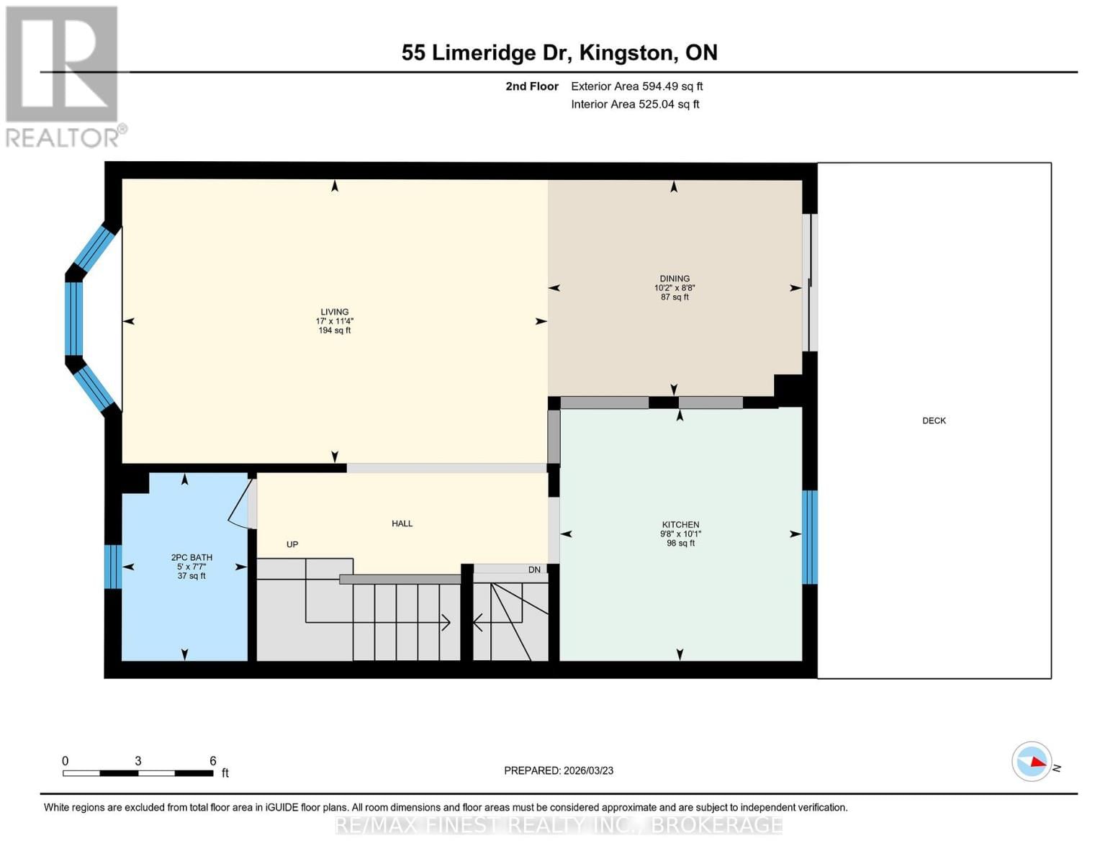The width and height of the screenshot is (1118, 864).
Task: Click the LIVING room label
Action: point(335,312)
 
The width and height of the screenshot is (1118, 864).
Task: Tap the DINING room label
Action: point(675,279)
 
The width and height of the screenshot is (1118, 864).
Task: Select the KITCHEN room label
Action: point(680,525)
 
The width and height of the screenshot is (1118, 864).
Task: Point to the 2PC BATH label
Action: point(191,557)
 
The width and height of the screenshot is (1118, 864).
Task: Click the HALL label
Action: point(402,523)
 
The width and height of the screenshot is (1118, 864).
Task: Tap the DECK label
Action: point(934,420)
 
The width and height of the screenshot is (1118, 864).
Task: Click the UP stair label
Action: point(292,544)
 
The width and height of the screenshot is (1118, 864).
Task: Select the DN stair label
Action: point(534,570)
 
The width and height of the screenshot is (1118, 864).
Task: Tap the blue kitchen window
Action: point(810,537)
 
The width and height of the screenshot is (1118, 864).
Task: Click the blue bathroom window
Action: point(113,567)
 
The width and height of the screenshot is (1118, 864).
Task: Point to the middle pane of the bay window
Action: point(74,319)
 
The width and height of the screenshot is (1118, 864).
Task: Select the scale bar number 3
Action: point(138,761)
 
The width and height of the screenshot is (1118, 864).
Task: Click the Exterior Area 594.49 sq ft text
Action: point(636,86)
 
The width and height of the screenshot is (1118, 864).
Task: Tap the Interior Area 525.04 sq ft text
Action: point(635,104)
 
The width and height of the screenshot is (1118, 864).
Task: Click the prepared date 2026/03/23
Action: point(586,770)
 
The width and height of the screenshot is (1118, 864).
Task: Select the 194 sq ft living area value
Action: point(335,330)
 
